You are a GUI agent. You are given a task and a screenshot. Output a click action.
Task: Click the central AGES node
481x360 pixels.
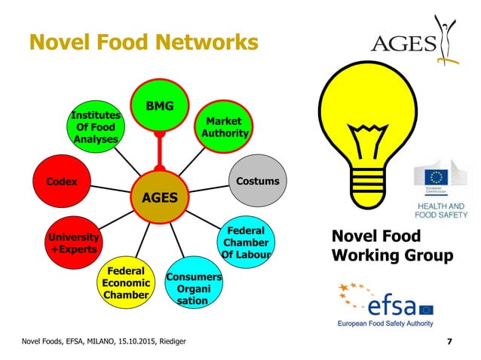pyautogui.click(x=160, y=197)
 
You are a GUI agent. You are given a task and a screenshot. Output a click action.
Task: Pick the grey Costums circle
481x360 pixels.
pyautogui.click(x=256, y=182)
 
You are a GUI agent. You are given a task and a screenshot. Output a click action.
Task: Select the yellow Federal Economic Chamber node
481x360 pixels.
pyautogui.click(x=126, y=283)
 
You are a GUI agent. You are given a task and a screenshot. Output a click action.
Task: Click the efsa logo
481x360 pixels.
pyautogui.click(x=385, y=305)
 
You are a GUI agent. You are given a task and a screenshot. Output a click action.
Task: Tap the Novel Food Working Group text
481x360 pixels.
pyautogui.click(x=392, y=246)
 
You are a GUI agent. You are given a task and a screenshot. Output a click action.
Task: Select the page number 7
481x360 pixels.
pyautogui.click(x=450, y=343)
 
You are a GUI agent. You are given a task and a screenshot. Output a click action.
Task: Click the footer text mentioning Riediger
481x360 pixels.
pyautogui.click(x=104, y=343)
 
